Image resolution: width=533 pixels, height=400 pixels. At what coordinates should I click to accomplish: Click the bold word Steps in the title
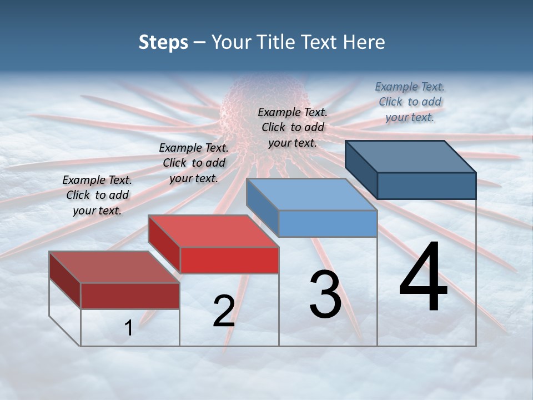(163, 42)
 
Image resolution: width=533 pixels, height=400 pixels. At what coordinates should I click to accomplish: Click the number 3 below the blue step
(325, 294)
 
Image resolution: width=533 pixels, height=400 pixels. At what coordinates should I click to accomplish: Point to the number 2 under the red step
(224, 311)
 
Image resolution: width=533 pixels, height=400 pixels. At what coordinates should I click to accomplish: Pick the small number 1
(129, 328)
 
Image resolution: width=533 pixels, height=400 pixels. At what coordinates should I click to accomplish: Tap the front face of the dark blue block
(426, 186)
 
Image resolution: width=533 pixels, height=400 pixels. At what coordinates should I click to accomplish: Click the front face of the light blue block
(328, 223)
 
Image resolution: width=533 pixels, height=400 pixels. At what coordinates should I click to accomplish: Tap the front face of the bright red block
(229, 260)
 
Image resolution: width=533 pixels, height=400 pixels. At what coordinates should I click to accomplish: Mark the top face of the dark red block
(114, 267)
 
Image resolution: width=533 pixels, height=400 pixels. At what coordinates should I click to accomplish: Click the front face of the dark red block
(130, 296)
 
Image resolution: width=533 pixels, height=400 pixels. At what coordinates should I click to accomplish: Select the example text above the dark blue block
(410, 102)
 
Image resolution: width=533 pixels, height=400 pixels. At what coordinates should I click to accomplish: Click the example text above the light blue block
(293, 127)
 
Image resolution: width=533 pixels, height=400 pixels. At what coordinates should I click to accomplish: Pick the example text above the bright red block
(194, 163)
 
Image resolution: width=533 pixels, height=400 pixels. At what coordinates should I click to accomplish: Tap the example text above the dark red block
(97, 195)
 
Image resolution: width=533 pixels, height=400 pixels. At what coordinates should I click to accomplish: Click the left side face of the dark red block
(65, 281)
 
